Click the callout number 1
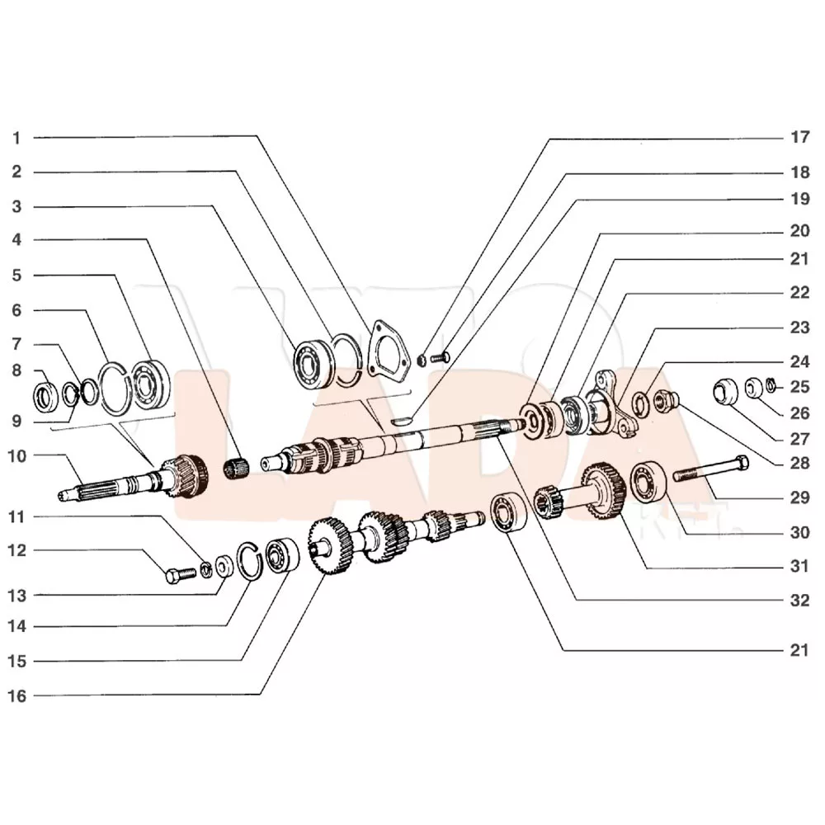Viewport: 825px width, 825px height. pos(16,139)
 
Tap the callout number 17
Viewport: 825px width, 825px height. pos(799,137)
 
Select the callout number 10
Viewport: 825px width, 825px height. pos(16,456)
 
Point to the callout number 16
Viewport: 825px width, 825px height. pos(16,696)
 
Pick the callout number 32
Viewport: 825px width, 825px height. pos(799,601)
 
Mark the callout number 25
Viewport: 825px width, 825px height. pos(799,387)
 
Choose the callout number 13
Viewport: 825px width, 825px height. pos(16,596)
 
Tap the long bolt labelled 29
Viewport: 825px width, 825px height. pos(710,469)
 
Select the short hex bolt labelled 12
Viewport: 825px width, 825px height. pos(181,574)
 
